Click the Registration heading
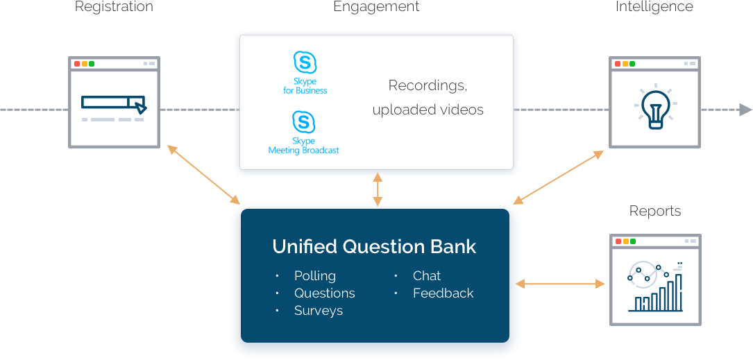pos(114,7)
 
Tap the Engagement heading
pos(376,7)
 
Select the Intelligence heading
pos(654,7)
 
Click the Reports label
pos(654,211)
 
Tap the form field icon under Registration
pos(114,103)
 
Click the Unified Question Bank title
pos(374,247)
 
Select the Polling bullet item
pos(315,276)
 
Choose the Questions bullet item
pos(324,293)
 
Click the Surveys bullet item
pos(319,311)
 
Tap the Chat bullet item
pos(427,276)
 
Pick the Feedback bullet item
pos(443,293)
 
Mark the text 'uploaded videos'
pos(428,110)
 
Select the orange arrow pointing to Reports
pos(560,284)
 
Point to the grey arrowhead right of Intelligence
pos(745,110)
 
